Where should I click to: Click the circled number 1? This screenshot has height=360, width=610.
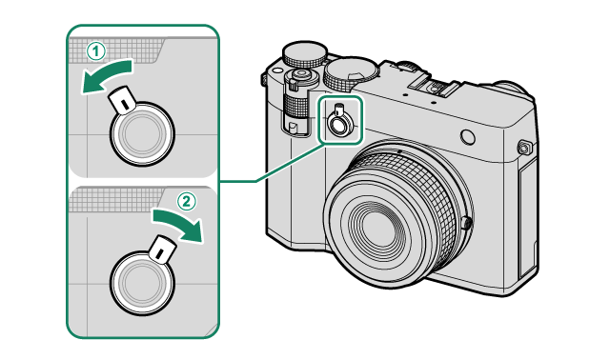point(95,51)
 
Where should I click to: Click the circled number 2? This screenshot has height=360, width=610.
point(187,202)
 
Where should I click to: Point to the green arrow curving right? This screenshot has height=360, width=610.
point(179,225)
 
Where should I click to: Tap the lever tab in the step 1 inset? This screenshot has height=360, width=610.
point(122,100)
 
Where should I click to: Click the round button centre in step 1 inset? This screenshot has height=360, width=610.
point(142,134)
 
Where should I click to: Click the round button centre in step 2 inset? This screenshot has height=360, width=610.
point(142,282)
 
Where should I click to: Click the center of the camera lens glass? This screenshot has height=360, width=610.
point(378,226)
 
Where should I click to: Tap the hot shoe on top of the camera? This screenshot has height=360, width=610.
point(434,83)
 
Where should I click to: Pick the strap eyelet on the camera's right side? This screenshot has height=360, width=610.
point(524,148)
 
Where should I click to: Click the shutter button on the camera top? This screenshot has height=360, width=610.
point(300,74)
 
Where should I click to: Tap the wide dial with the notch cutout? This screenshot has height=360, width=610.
point(350,73)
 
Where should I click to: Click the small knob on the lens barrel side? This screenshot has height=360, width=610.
point(468,224)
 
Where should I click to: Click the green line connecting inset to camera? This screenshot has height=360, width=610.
point(273,163)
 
